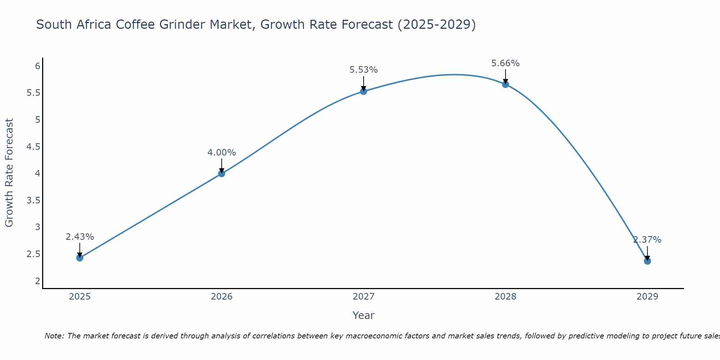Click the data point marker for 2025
80,258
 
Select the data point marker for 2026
222,174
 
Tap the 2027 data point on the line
364,91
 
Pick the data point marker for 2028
505,85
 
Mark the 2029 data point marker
647,261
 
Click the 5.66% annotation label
505,63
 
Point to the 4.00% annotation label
222,153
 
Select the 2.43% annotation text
80,237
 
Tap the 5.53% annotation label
364,70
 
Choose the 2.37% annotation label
647,240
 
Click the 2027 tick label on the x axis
364,297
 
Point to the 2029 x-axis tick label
647,297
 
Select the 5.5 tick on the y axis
33,93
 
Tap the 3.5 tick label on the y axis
33,200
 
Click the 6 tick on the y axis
37,66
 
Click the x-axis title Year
364,315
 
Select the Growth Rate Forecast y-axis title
9,173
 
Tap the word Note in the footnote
54,336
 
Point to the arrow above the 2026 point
222,166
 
